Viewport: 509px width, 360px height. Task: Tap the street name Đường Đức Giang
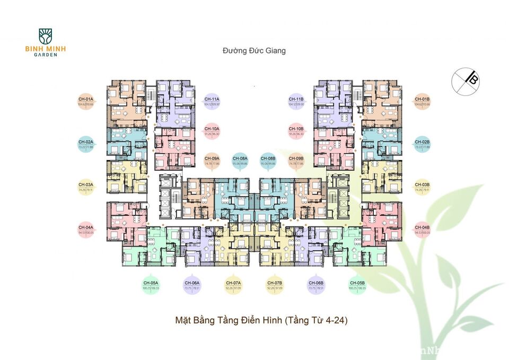(254, 51)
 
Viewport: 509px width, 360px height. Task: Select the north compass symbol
(465, 81)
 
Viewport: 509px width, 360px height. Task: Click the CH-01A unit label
(86, 101)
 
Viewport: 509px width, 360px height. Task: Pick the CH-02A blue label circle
(86, 144)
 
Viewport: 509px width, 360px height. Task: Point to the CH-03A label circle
(86, 187)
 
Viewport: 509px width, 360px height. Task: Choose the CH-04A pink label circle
(86, 229)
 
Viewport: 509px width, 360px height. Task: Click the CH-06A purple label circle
(192, 285)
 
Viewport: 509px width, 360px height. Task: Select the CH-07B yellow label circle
(275, 285)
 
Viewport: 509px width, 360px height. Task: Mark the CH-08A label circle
(240, 161)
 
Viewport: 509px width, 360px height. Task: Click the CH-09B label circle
(296, 161)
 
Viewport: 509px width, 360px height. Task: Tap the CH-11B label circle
(296, 101)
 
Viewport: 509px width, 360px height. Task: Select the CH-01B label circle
(422, 101)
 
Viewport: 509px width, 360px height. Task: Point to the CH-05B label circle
(357, 285)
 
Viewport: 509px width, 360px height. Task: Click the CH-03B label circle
(422, 187)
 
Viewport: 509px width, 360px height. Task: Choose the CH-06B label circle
(316, 285)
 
